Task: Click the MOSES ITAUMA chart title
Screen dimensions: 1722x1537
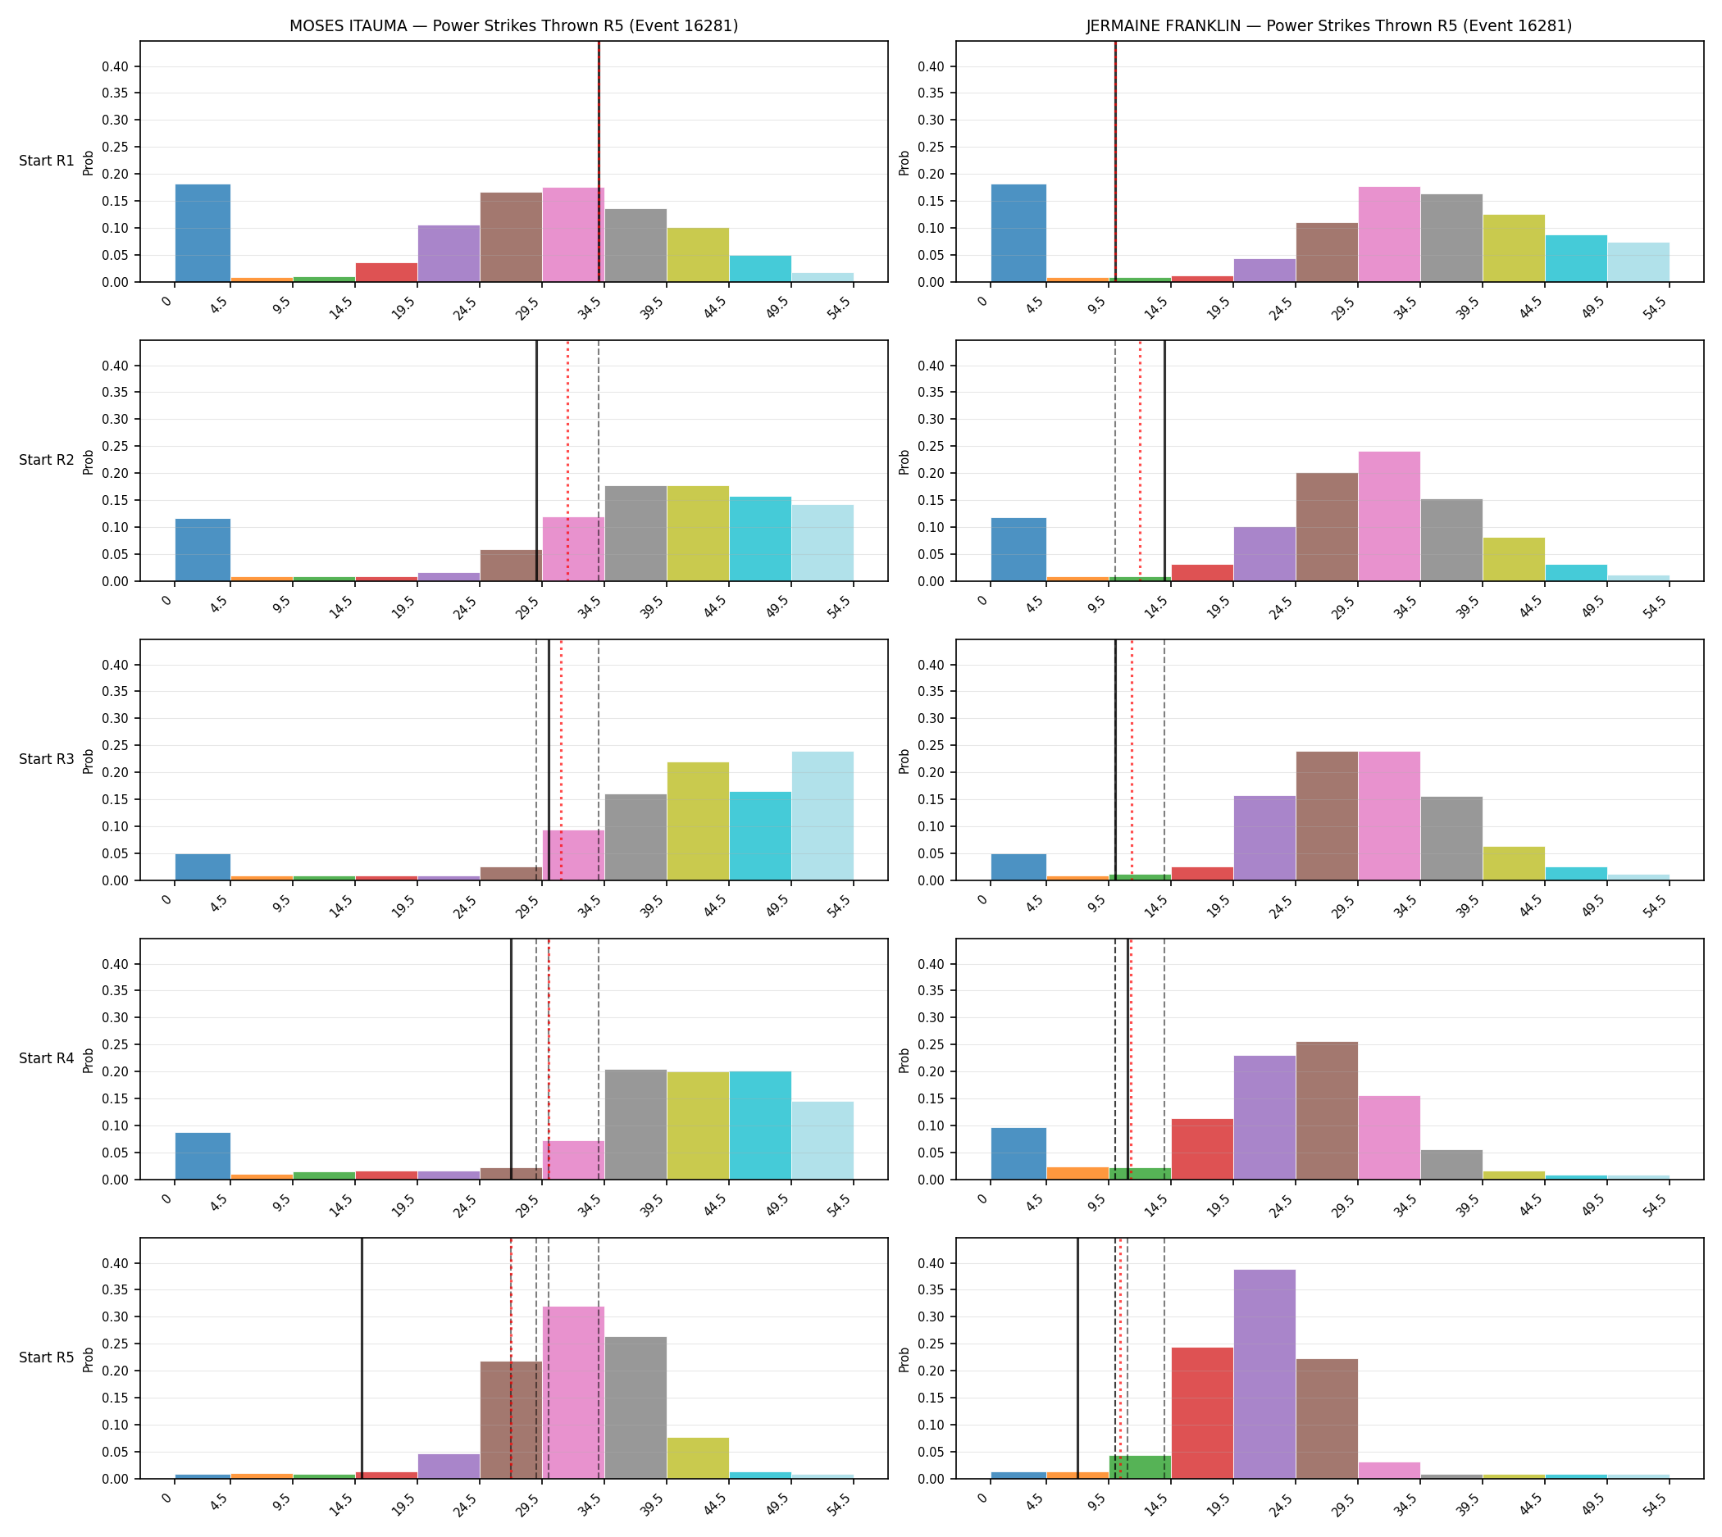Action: coord(513,26)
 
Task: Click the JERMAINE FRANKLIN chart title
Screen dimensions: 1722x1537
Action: coord(1329,26)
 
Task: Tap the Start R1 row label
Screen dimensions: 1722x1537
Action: coord(47,161)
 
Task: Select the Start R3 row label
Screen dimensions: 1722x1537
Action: coord(47,759)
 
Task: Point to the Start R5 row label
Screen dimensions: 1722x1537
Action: coord(47,1357)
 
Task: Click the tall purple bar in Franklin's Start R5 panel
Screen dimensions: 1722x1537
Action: coord(1265,1374)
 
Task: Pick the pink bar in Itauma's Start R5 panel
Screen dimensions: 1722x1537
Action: coord(574,1393)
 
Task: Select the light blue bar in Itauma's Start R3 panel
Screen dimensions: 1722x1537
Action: coord(823,816)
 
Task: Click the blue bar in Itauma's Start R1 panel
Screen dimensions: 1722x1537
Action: coord(203,233)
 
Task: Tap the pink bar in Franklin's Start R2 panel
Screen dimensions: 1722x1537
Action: coord(1389,516)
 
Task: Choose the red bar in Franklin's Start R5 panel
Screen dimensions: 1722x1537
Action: coord(1202,1413)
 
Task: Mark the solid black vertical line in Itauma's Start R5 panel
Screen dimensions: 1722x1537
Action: coord(362,1358)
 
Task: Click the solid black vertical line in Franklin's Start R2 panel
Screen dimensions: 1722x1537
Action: coord(1164,461)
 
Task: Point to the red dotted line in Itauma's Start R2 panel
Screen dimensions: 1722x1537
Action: coord(567,461)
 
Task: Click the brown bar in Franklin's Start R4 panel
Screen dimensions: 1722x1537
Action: coord(1328,1111)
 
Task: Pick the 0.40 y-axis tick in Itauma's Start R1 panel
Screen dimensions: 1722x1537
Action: coord(116,66)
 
